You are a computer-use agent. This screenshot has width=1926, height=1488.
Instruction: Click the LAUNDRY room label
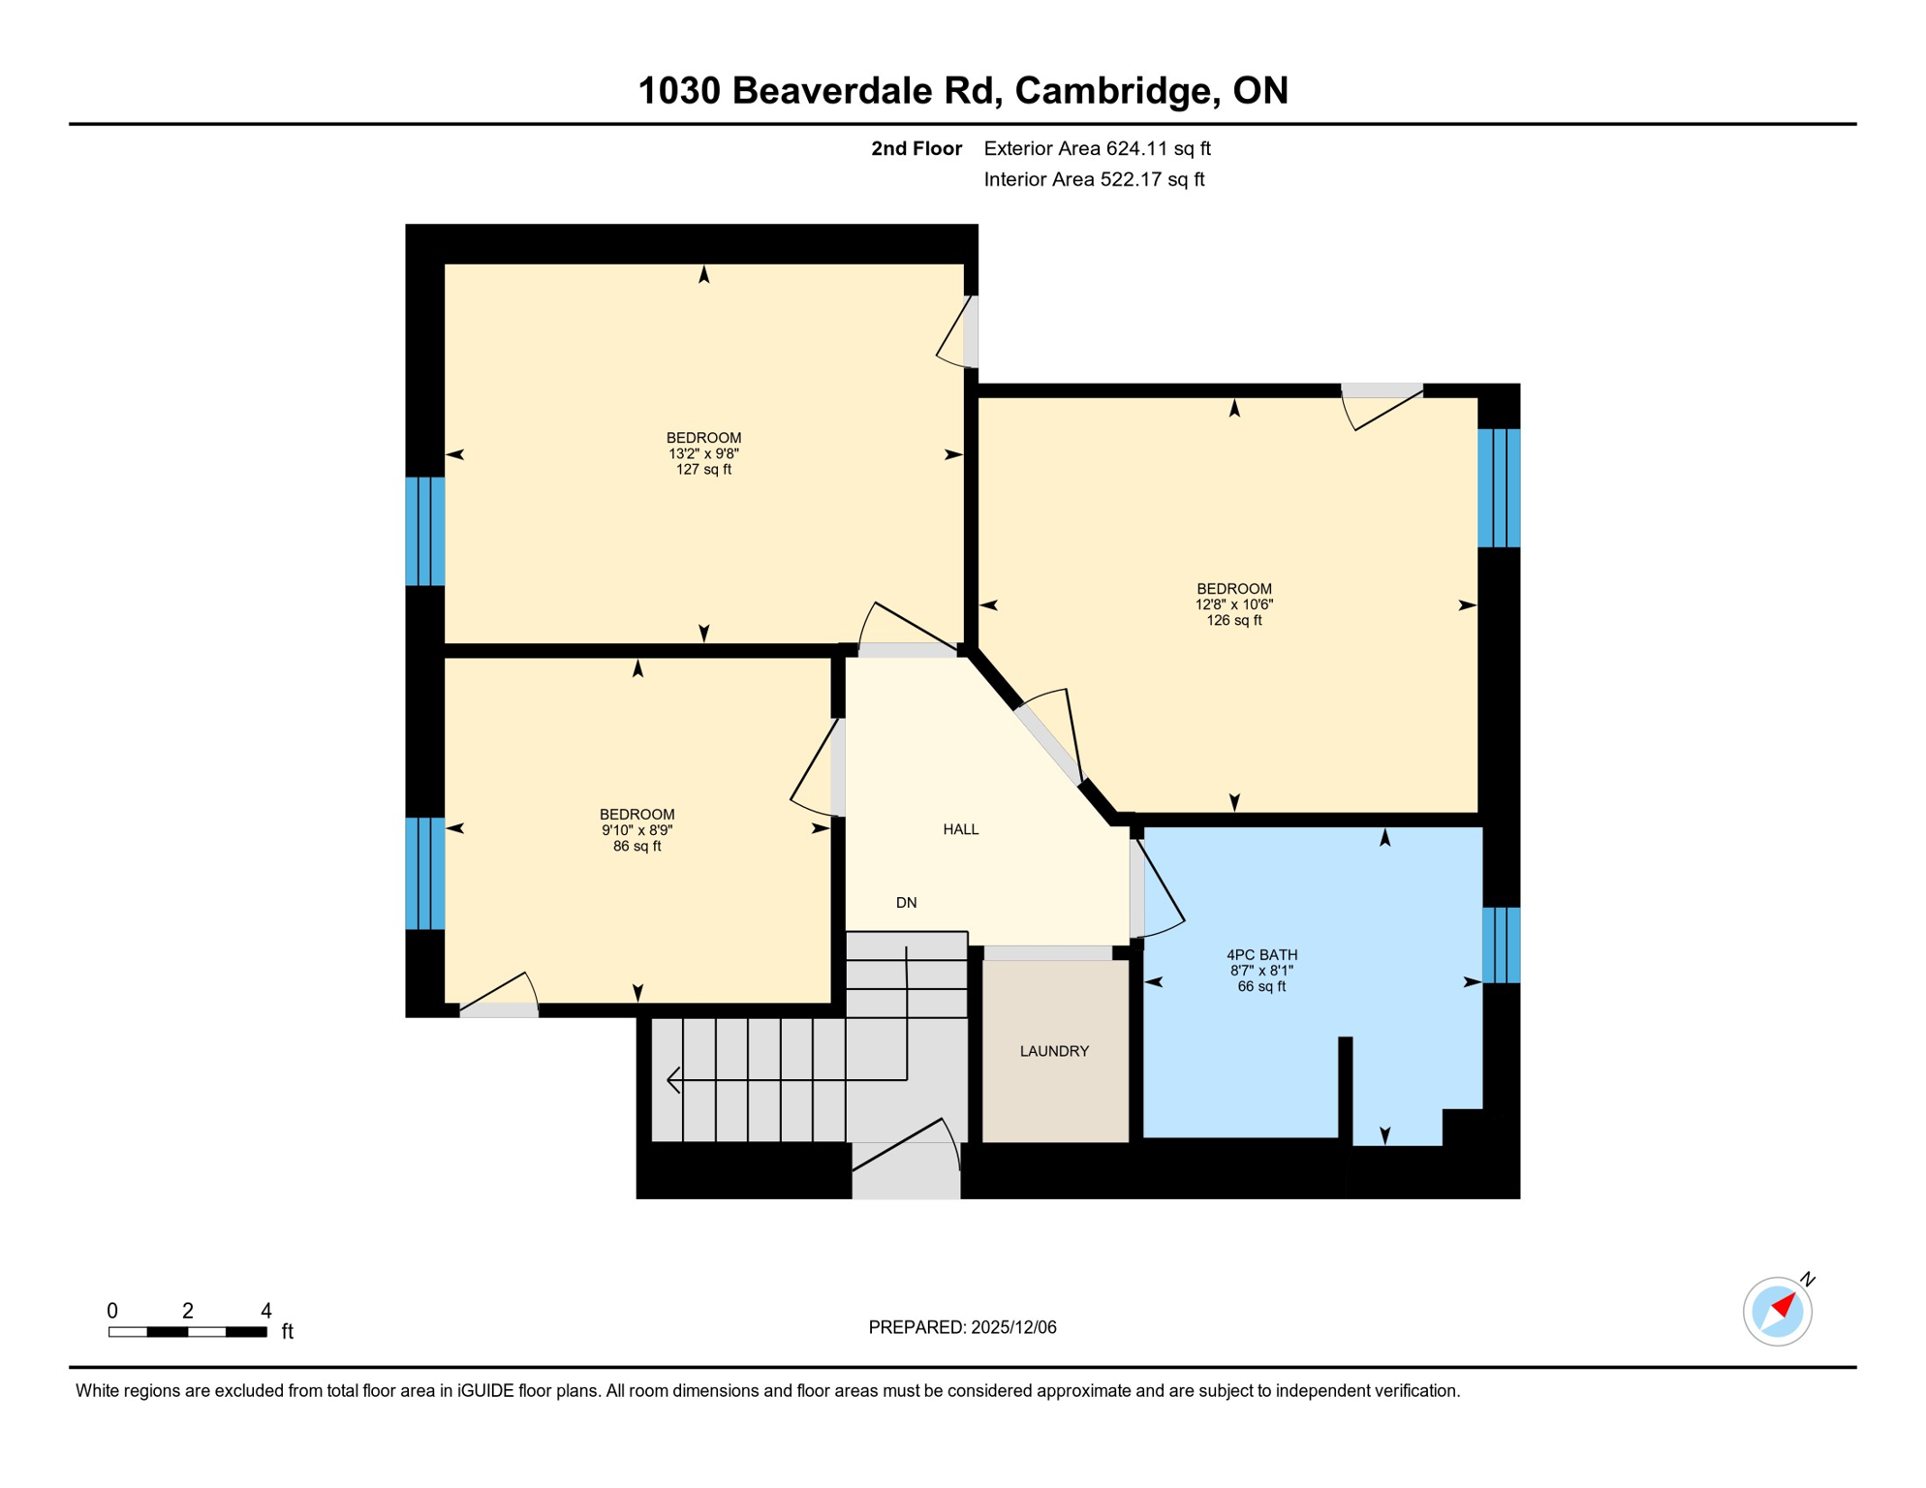coord(1054,1051)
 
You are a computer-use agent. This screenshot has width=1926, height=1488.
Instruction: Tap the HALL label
coord(960,829)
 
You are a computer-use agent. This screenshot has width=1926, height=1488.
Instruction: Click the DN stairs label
coord(906,903)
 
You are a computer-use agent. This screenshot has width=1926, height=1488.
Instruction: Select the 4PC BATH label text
coord(1261,955)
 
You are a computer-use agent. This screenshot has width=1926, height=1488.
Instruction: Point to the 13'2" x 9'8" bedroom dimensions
coord(703,453)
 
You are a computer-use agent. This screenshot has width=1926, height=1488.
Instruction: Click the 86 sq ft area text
coord(637,847)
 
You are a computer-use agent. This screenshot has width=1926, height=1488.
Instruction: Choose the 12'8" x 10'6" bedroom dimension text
coord(1233,604)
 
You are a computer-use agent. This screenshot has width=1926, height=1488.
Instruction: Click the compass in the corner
coord(1777,1312)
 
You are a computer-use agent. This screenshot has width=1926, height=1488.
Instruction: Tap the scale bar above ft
coord(187,1332)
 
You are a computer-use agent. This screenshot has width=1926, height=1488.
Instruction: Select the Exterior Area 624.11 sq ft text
coord(1097,148)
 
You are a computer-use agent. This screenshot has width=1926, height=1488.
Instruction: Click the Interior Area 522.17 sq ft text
coord(1094,179)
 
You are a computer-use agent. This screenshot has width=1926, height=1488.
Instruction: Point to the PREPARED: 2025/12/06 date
coord(962,1327)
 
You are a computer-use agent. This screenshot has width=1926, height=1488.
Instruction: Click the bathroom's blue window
coord(1501,945)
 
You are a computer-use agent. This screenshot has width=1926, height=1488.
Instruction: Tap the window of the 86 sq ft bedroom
coord(424,874)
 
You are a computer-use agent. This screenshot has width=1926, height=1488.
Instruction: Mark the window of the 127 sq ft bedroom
coord(424,531)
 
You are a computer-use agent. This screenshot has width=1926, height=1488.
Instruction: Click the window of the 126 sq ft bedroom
coord(1499,488)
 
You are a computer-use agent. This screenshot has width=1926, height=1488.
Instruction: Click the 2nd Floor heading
coord(916,148)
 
